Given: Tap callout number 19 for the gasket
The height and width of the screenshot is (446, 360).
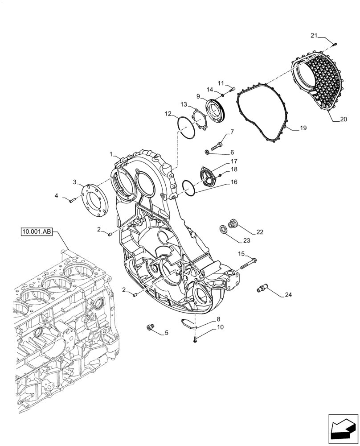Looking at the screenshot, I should coord(303,128).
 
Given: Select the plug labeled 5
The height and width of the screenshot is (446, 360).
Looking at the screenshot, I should coord(150,328).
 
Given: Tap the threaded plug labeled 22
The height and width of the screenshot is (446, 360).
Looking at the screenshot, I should coord(232,223).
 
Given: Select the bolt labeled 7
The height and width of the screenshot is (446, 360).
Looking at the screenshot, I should coord(217,145).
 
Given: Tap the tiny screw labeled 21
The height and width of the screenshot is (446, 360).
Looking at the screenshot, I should coord(335,44).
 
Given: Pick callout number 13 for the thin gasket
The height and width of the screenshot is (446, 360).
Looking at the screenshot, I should coord(184,104).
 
